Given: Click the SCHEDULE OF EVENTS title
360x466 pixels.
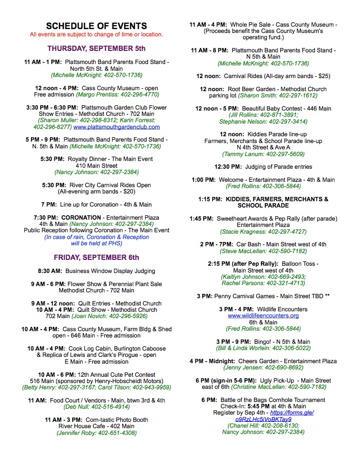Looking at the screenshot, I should (x=96, y=26).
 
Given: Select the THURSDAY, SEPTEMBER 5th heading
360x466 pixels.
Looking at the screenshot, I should (x=96, y=48).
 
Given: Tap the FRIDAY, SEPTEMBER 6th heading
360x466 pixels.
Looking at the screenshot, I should (x=96, y=257).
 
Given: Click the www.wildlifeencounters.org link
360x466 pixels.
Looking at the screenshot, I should (x=263, y=316).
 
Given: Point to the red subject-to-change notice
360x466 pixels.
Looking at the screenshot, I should (x=96, y=34).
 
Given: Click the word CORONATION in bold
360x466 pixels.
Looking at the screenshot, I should (x=81, y=218).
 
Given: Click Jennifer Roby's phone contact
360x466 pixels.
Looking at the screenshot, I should (x=96, y=433).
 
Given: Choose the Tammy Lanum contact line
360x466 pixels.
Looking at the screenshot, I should (x=263, y=154).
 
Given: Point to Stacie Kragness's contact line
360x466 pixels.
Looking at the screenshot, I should (x=263, y=231).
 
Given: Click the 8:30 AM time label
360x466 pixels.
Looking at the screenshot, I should (x=50, y=271).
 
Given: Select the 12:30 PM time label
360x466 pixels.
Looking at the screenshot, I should (x=228, y=167).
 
